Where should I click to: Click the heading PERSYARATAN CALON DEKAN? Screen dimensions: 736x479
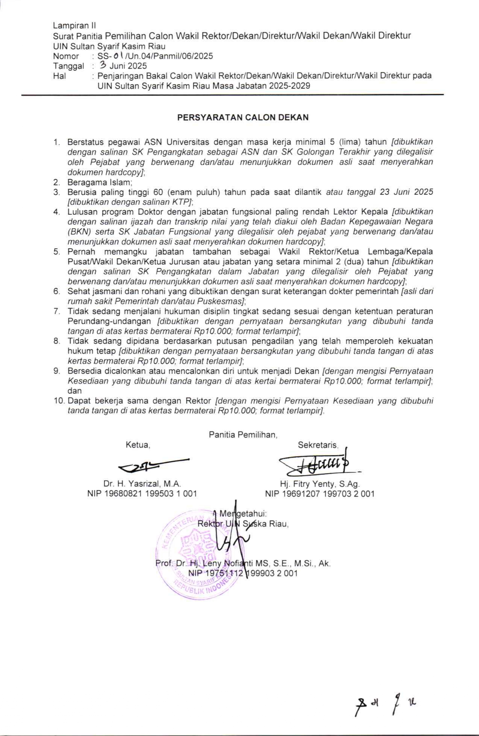(x=243, y=117)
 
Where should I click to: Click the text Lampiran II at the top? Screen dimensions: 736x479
(x=75, y=26)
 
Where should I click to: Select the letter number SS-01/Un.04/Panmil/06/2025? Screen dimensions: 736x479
(x=155, y=56)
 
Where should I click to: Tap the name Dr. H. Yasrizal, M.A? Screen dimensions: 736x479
(x=142, y=484)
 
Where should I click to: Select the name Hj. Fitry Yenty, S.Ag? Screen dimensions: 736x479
(x=319, y=484)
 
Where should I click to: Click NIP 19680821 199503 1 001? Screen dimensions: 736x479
(x=142, y=493)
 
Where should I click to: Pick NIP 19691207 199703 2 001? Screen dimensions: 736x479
(x=319, y=493)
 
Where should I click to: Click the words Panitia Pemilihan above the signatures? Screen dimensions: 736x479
(x=243, y=435)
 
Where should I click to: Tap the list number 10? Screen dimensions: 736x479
(x=59, y=401)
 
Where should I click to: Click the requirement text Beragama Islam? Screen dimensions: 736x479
(x=100, y=183)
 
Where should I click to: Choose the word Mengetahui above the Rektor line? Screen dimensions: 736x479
(x=243, y=513)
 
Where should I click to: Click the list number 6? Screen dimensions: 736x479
(x=57, y=291)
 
